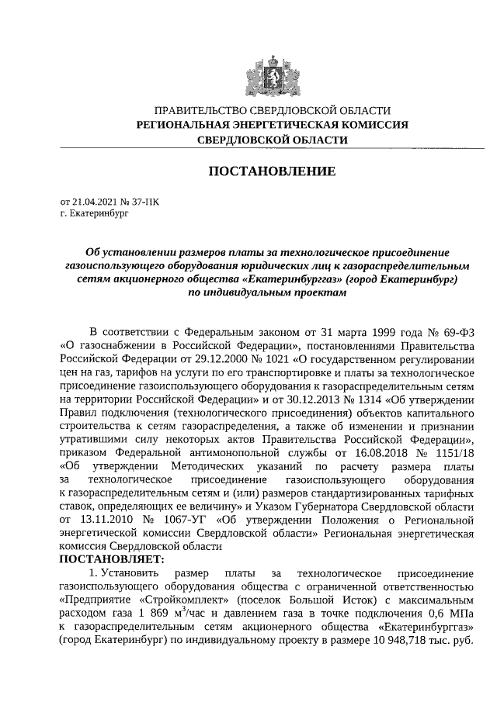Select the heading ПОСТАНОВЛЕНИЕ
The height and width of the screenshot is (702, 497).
pyautogui.click(x=271, y=171)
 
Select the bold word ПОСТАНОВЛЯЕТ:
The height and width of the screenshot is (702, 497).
pyautogui.click(x=111, y=558)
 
